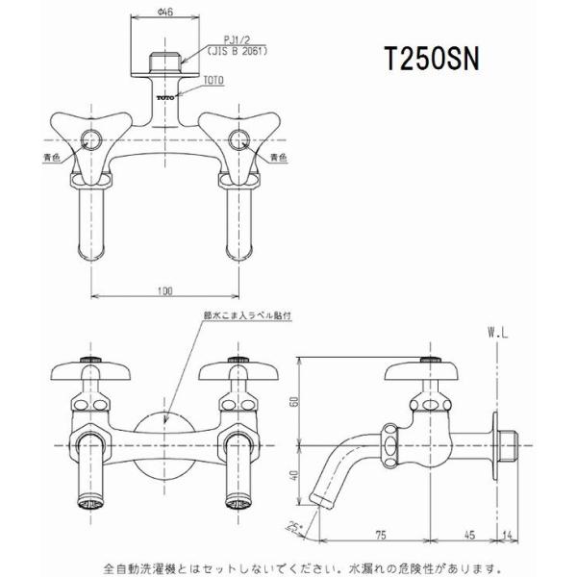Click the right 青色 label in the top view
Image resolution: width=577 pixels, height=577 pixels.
(x=278, y=156)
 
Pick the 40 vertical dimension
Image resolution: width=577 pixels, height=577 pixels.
(x=296, y=473)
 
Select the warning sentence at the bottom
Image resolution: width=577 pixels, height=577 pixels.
(x=288, y=566)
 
